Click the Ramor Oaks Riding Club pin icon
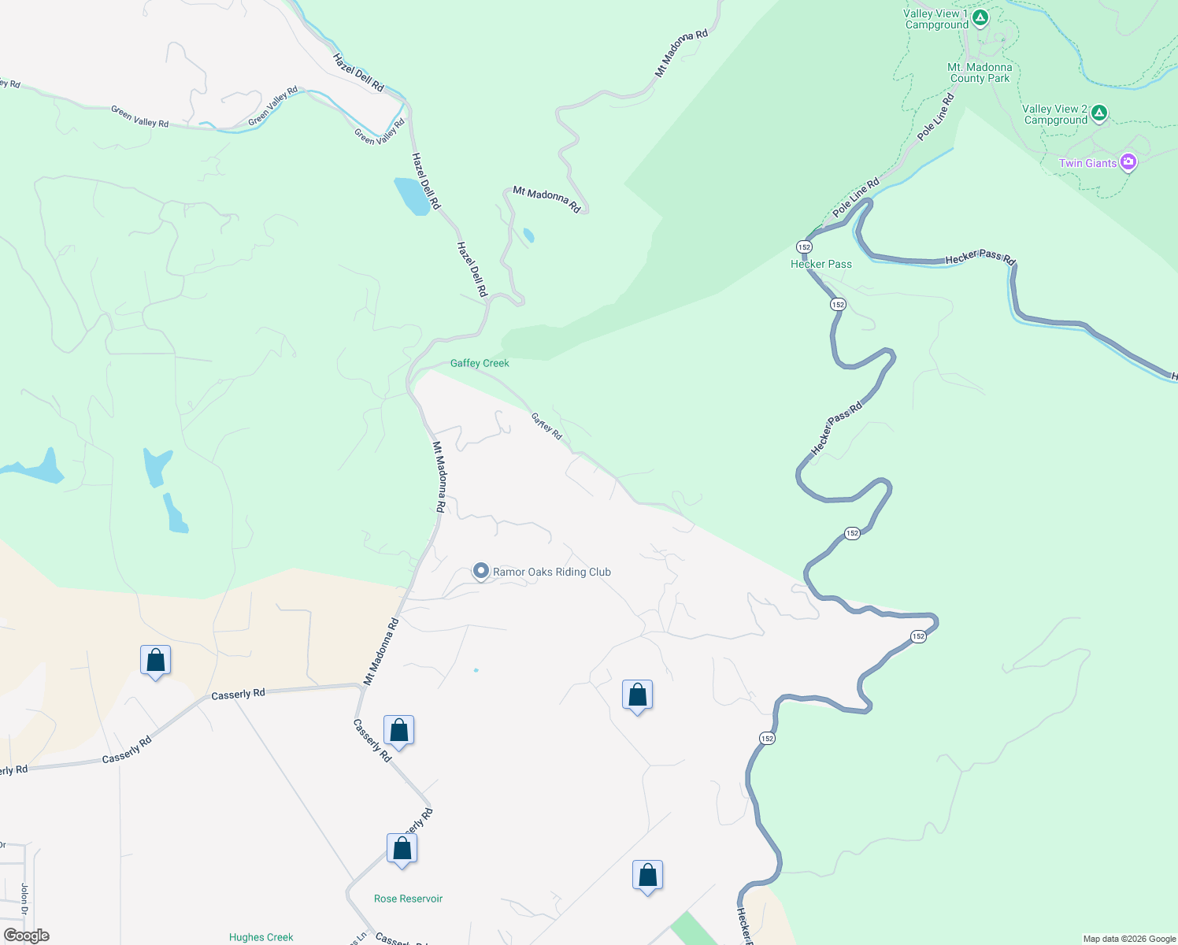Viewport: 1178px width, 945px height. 481,571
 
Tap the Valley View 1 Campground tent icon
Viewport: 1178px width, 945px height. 980,18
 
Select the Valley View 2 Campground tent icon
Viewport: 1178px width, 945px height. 1099,113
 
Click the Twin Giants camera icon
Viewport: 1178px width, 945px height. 1128,163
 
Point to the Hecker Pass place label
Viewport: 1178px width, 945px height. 821,265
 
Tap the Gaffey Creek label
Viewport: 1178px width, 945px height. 480,363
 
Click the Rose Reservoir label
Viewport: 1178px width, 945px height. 408,899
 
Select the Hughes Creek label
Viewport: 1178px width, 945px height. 261,937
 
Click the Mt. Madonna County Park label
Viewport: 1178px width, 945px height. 980,72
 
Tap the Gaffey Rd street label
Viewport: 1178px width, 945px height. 546,426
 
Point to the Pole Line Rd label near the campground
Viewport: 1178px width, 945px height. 936,117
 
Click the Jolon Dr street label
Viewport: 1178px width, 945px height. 24,899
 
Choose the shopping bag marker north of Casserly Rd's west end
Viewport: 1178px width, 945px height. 155,661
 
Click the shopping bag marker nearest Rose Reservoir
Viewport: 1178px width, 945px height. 402,849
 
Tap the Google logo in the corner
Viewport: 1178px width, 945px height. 27,936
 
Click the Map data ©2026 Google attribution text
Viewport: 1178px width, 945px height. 1129,939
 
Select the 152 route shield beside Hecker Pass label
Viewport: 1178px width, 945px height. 803,247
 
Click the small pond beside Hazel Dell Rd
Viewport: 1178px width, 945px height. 413,196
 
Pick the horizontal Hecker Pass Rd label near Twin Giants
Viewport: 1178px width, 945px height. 980,258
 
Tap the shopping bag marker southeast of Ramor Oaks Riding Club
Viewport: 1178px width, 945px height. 637,695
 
